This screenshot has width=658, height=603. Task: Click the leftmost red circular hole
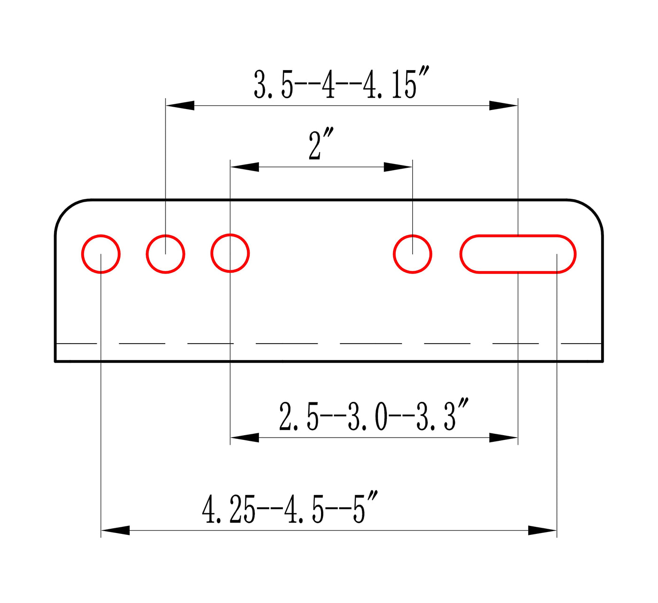click(x=82, y=254)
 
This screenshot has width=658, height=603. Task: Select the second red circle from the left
click(x=146, y=254)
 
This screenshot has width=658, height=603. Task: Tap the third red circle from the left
click(x=211, y=253)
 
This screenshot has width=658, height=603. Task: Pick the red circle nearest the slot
click(x=393, y=254)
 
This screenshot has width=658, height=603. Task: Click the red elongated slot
click(x=517, y=235)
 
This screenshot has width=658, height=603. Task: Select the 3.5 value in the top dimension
click(x=273, y=84)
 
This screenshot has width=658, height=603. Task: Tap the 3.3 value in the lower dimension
click(x=442, y=415)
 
